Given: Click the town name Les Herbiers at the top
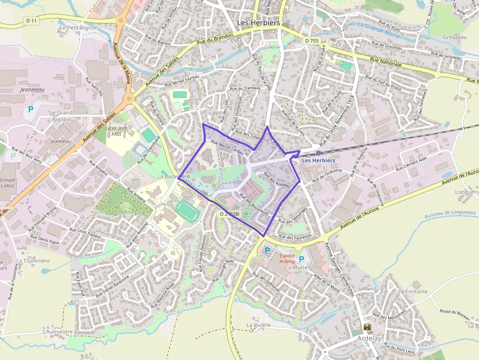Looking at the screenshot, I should tap(258, 22).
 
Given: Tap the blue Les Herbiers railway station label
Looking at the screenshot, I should tap(318, 160).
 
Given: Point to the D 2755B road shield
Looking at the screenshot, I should tap(229, 214).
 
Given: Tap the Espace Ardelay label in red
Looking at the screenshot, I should tap(287, 258).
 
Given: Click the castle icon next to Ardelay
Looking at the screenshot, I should tap(367, 327).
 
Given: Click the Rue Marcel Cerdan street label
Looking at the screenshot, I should tap(227, 148).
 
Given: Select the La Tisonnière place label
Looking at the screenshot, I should tap(33, 261).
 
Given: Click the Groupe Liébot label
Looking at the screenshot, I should tap(7, 183).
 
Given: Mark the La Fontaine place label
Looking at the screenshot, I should tap(413, 291).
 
